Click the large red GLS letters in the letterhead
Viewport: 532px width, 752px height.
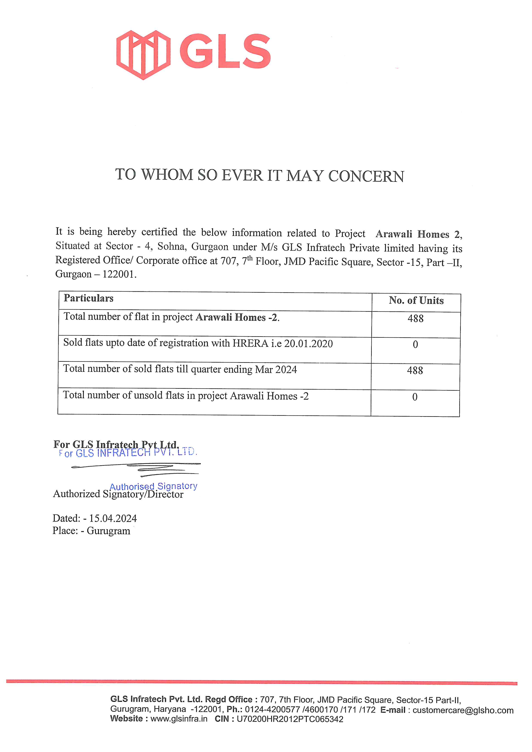(225, 52)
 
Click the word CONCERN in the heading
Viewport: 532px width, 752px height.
(366, 176)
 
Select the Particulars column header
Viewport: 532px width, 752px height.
(88, 298)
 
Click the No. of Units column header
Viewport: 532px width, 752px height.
(416, 300)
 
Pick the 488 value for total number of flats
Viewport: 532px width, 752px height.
(415, 318)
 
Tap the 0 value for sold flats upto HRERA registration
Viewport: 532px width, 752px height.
(415, 345)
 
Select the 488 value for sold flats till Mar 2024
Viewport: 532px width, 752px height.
(415, 371)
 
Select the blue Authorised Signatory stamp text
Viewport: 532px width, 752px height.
(153, 486)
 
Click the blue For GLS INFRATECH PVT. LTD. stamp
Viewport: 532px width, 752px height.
(128, 453)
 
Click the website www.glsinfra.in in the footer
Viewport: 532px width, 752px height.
(179, 719)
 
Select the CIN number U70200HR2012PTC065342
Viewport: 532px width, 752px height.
(290, 719)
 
